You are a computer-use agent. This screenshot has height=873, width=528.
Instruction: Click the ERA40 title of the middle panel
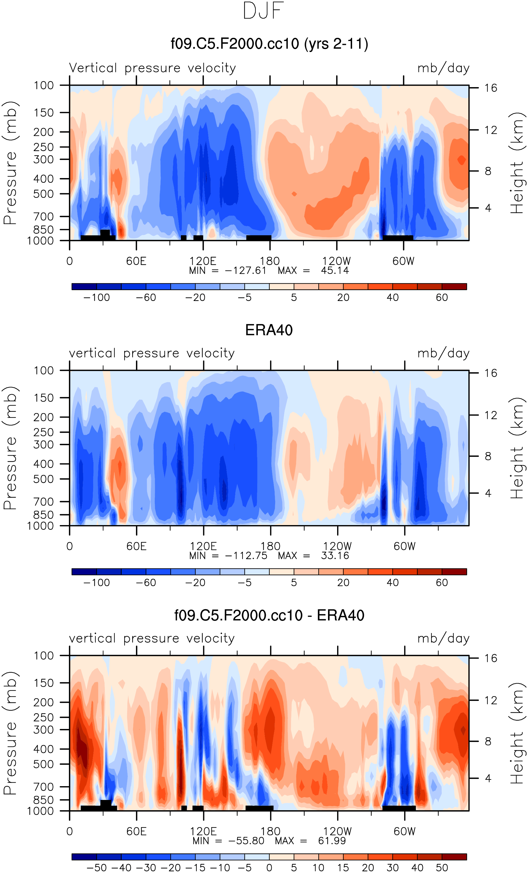coord(269,330)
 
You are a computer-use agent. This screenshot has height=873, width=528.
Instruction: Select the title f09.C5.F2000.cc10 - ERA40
coord(269,615)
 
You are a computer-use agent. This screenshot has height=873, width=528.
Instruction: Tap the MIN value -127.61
coord(245,271)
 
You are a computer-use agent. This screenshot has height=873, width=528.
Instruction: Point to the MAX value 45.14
coord(335,271)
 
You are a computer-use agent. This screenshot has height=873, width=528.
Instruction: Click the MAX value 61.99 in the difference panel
coord(332,841)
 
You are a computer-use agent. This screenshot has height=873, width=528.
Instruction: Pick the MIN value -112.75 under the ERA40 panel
coord(246,556)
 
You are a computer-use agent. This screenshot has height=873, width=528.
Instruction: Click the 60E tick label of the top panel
coord(136,261)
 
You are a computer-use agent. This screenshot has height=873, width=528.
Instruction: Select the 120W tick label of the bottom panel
coord(337,832)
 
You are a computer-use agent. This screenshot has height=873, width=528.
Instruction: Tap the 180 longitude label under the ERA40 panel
coord(270,546)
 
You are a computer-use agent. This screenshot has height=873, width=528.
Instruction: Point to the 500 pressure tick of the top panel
coord(44,194)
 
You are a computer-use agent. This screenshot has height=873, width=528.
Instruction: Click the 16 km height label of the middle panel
coord(491,373)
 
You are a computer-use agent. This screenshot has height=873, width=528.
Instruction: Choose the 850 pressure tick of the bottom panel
coord(44,800)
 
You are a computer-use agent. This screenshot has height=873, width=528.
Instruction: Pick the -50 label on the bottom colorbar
coord(96,868)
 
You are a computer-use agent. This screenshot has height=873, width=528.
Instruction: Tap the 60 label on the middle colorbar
coord(442,583)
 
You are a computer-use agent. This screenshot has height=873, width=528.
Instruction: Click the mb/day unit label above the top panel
coord(443,68)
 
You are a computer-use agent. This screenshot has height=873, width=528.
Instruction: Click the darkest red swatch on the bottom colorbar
coord(454,857)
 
